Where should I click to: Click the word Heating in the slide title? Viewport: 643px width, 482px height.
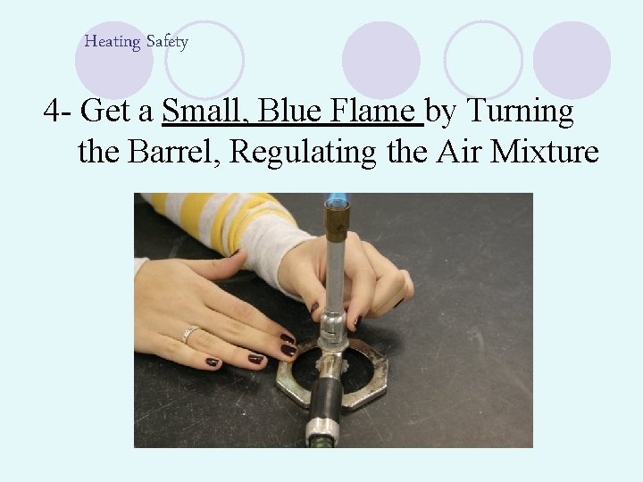pos(113,42)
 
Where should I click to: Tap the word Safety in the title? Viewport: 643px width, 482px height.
pos(167,42)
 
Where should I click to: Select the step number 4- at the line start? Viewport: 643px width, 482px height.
pos(57,112)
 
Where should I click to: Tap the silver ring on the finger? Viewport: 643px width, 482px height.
pos(188,335)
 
